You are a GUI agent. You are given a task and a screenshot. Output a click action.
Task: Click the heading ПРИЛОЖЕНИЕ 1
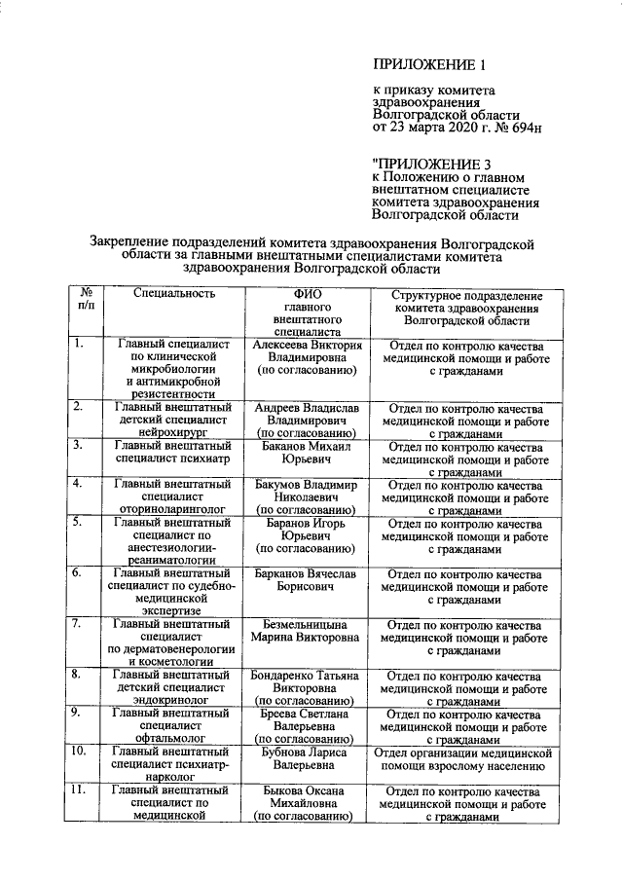428,66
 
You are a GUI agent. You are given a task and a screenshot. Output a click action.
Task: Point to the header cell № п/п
86,299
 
